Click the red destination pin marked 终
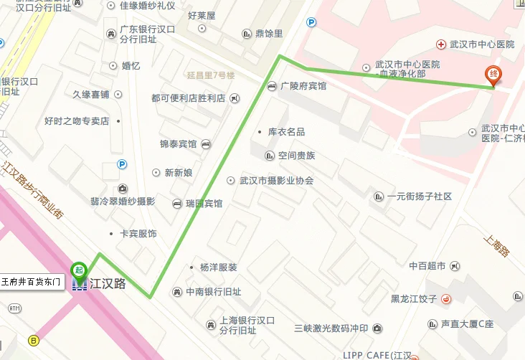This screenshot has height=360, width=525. [x=493, y=75]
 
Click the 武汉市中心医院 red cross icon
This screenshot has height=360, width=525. [x=440, y=44]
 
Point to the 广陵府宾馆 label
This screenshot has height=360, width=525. [x=303, y=86]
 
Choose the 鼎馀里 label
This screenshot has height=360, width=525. [x=269, y=33]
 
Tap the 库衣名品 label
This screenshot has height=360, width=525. [x=286, y=132]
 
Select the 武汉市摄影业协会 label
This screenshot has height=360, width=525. [x=276, y=181]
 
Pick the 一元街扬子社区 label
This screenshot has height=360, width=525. [x=419, y=196]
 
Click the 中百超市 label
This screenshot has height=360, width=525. [x=427, y=266]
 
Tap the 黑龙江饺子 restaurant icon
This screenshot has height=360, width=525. [x=445, y=299]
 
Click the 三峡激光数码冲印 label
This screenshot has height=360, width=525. [x=331, y=328]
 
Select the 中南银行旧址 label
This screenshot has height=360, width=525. [x=213, y=292]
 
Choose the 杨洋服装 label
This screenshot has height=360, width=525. [x=218, y=267]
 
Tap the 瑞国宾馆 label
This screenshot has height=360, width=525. [x=204, y=204]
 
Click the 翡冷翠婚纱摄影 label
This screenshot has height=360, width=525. [x=123, y=202]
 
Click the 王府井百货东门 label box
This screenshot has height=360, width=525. [x=34, y=282]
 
